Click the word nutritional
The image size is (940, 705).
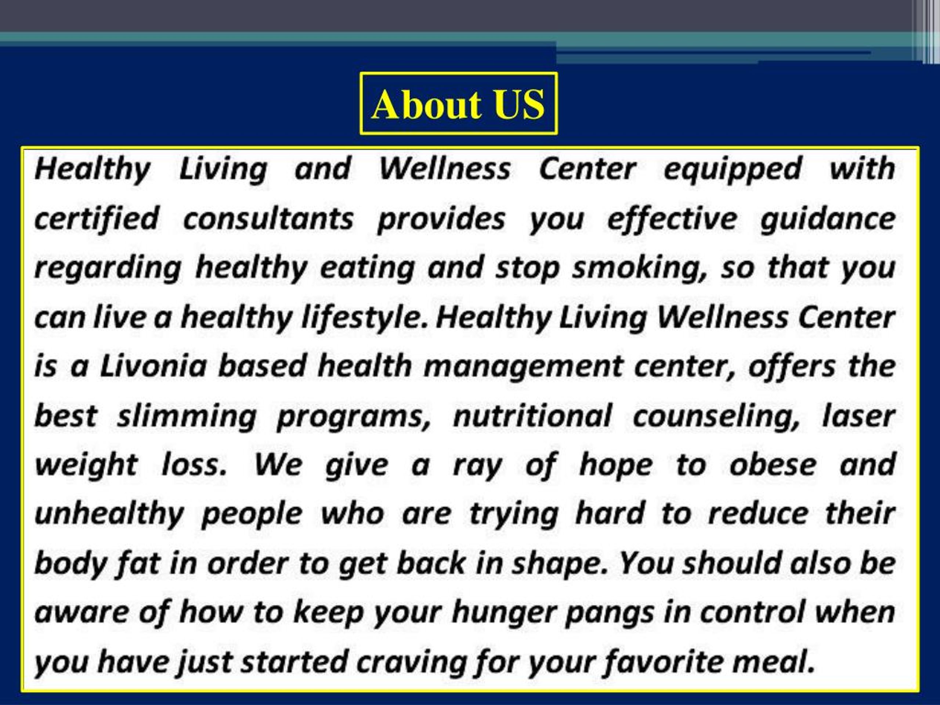click(532, 416)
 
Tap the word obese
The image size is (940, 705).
click(773, 465)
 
